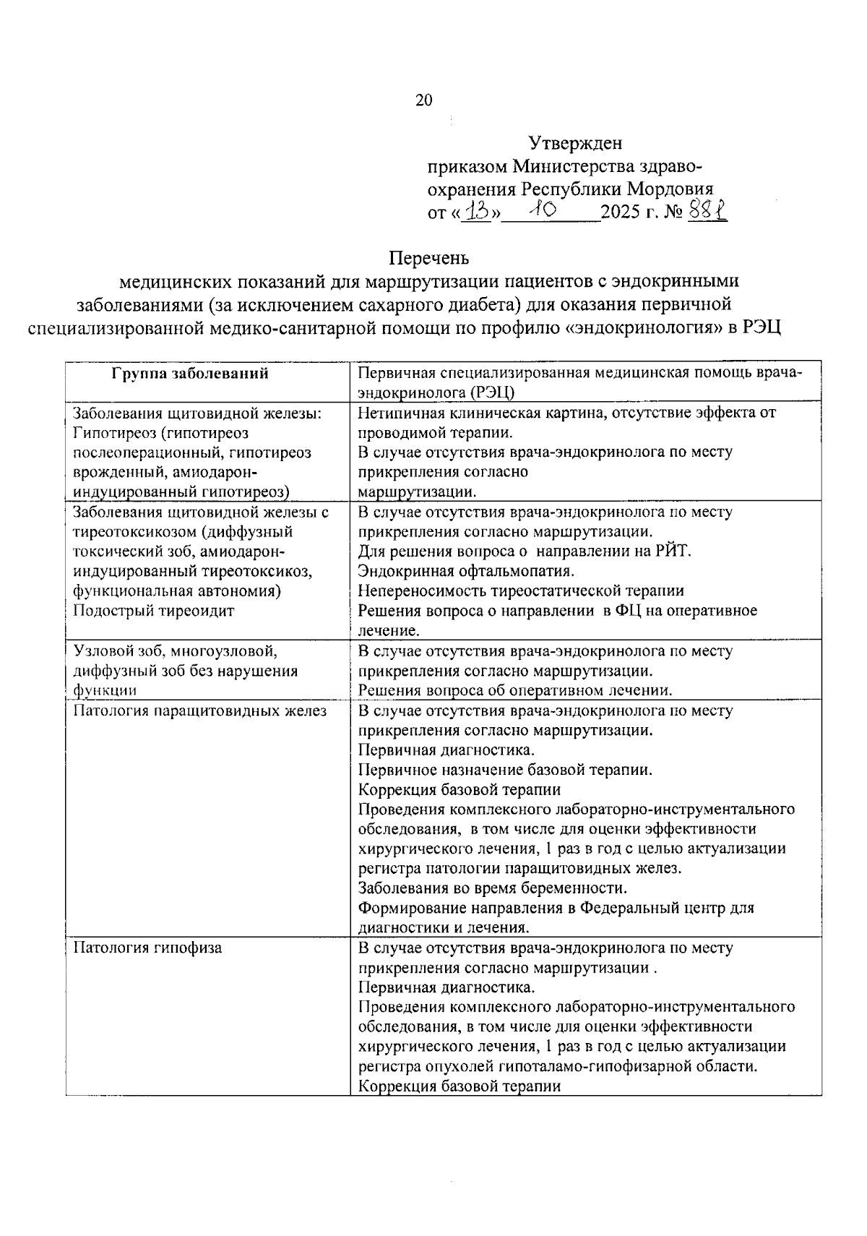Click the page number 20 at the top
pyautogui.click(x=423, y=100)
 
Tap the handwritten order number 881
pyautogui.click(x=708, y=210)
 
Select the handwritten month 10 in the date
pyautogui.click(x=540, y=210)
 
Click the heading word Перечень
pyautogui.click(x=429, y=257)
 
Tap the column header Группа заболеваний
pyautogui.click(x=190, y=374)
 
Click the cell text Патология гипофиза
pyautogui.click(x=147, y=947)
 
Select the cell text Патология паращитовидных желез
pyautogui.click(x=199, y=711)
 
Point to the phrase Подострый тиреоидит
pyautogui.click(x=153, y=611)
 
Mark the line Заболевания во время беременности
pyautogui.click(x=493, y=888)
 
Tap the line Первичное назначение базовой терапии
pyautogui.click(x=505, y=770)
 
